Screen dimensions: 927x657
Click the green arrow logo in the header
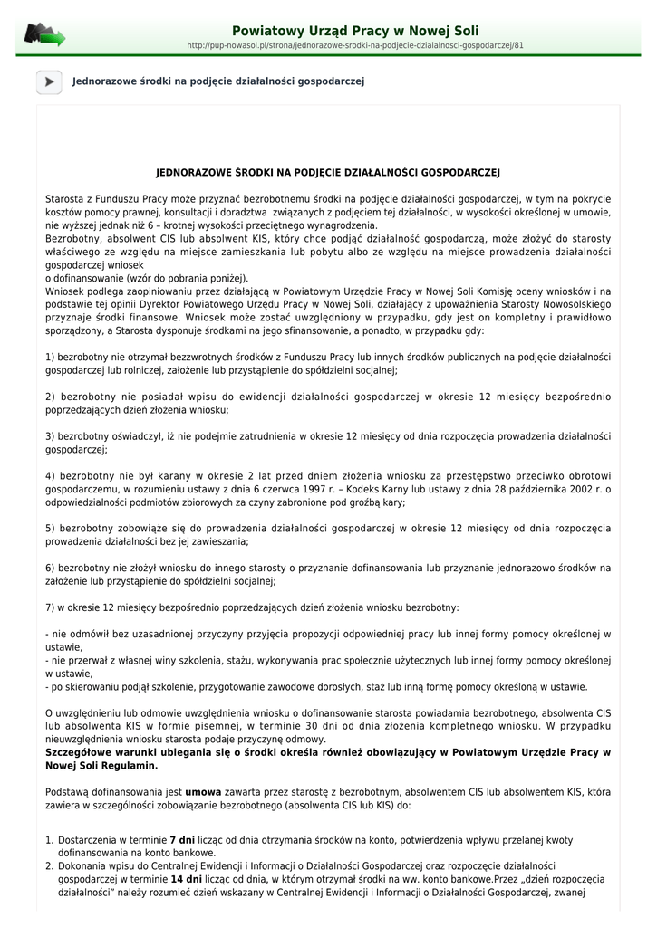[x=44, y=35]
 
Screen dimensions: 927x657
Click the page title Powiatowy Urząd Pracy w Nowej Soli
[x=355, y=31]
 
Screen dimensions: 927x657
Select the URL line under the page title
[x=355, y=44]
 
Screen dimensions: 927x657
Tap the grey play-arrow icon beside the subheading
[x=49, y=81]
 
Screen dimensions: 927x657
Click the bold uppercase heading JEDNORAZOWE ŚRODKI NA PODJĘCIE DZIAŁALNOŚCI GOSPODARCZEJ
[x=328, y=172]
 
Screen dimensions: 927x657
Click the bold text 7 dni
[x=182, y=840]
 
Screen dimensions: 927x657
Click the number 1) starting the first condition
[x=50, y=358]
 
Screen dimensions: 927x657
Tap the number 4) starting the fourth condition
[x=51, y=475]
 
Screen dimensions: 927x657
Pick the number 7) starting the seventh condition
[x=50, y=607]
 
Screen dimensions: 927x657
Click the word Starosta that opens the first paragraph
[x=65, y=198]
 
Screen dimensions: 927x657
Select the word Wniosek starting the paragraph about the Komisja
[x=65, y=291]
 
